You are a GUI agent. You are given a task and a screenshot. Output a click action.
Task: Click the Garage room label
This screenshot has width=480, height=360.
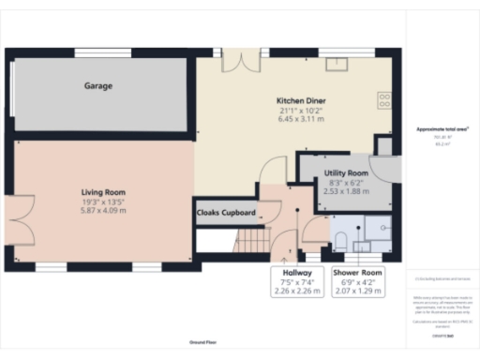[x=98, y=85]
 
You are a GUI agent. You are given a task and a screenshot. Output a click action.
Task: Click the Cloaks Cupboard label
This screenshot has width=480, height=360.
[x=225, y=213]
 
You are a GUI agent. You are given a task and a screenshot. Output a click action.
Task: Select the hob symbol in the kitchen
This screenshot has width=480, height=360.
[x=384, y=97]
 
